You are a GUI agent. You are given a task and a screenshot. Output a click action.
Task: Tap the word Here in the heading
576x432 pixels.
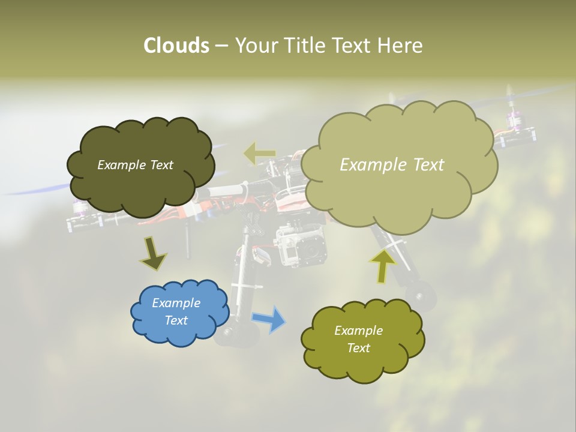(x=400, y=46)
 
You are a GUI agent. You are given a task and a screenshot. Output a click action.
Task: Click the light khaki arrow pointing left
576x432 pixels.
(x=260, y=154)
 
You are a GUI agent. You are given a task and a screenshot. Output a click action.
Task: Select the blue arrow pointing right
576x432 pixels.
(x=268, y=319)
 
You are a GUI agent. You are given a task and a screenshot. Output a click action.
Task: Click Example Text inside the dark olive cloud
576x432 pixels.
(x=135, y=165)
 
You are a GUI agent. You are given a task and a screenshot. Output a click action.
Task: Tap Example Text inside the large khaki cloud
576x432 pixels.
(x=392, y=165)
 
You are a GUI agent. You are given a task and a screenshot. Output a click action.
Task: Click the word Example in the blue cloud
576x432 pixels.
(x=176, y=303)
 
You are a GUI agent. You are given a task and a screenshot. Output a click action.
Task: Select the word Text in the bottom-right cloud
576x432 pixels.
(x=358, y=348)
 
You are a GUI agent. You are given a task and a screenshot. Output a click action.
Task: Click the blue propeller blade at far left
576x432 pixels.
(x=36, y=190)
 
